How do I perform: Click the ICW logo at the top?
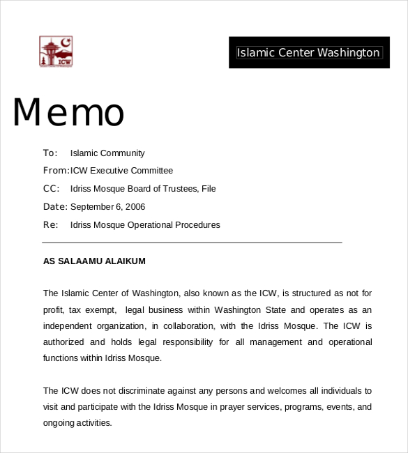coord(56,52)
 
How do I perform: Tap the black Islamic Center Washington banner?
coord(308,52)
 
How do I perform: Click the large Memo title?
coord(68,112)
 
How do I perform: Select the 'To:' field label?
coord(50,153)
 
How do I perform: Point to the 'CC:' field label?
coord(51,189)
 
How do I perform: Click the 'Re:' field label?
coord(50,225)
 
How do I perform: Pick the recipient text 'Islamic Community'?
coord(107,153)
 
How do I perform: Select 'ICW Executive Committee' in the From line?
coord(121,171)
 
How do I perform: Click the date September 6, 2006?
coord(107,207)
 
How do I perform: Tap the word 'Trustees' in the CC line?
coord(180,189)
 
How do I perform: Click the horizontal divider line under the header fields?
coord(192,243)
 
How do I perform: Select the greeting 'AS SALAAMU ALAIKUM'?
coord(94,261)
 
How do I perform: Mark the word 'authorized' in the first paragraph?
coord(63,342)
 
